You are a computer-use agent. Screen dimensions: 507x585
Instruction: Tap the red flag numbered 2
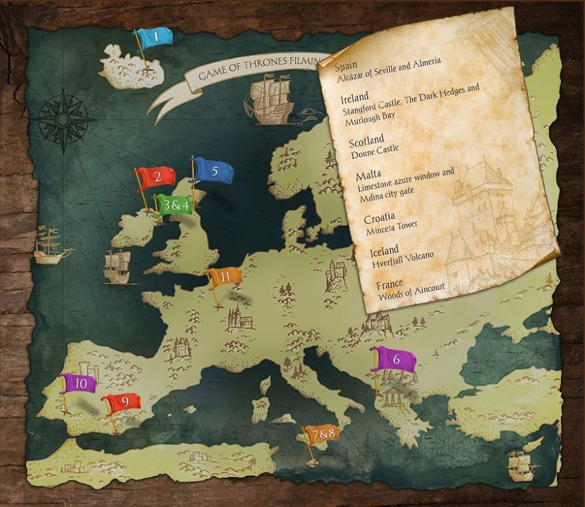tap(157, 177)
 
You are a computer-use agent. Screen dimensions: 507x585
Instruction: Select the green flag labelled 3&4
tap(175, 205)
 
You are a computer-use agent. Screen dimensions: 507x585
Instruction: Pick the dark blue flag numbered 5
tap(214, 171)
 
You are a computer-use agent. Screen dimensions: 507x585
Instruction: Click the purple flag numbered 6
tap(396, 359)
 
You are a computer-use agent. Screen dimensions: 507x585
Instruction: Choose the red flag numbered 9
tap(122, 403)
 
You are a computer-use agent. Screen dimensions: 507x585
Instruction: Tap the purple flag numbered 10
tap(80, 383)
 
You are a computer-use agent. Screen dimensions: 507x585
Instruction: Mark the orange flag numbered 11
tap(225, 277)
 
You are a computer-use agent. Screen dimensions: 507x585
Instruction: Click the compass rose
tap(64, 120)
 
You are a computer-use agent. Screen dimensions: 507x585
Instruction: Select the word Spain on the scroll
tap(346, 66)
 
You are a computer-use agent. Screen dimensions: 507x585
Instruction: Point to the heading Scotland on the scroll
tap(366, 140)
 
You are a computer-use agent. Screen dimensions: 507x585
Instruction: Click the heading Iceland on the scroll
tap(384, 250)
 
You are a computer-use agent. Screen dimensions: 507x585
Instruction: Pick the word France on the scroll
tap(390, 285)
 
